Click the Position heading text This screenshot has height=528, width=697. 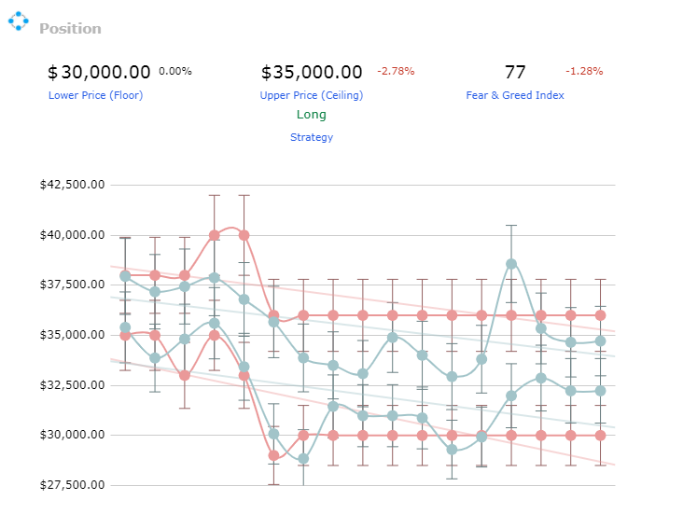click(x=70, y=28)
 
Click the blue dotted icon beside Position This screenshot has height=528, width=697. click(x=19, y=21)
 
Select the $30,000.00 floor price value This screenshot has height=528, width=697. click(x=99, y=72)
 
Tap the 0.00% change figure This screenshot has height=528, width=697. click(x=175, y=71)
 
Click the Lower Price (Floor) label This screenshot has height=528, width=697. click(x=95, y=95)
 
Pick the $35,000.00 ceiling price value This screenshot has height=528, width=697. click(x=312, y=72)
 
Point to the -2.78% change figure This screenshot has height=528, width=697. click(x=396, y=71)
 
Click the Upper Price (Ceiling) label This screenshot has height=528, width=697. click(x=312, y=95)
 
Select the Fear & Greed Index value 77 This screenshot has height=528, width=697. click(x=515, y=72)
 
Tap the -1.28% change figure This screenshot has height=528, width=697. click(x=584, y=71)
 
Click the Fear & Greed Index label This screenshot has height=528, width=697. click(x=515, y=95)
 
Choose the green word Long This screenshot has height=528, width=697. click(x=312, y=115)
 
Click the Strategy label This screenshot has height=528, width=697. click(x=312, y=137)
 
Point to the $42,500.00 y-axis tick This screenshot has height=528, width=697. click(x=73, y=185)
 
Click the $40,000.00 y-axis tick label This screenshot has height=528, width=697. click(x=73, y=235)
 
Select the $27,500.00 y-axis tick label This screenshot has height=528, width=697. click(x=73, y=484)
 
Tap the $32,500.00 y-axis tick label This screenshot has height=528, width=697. click(x=73, y=384)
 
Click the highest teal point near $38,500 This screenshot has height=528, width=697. click(x=511, y=264)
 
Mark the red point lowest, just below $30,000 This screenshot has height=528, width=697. click(x=273, y=455)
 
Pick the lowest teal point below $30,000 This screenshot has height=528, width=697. click(x=303, y=459)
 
